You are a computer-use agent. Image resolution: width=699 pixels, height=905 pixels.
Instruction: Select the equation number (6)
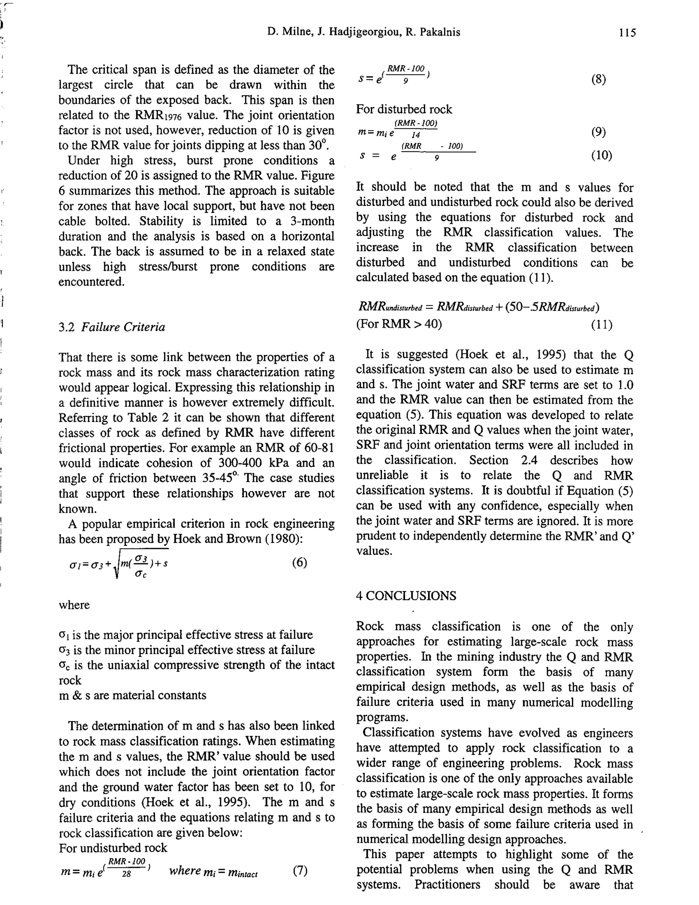[x=299, y=562]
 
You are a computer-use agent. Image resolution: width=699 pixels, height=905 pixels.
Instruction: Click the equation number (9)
[x=598, y=132]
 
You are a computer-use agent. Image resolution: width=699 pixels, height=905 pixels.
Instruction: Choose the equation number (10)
[x=601, y=155]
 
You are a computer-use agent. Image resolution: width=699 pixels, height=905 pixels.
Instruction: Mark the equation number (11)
[x=601, y=324]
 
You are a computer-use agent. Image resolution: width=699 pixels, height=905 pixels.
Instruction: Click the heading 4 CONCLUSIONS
[x=406, y=596]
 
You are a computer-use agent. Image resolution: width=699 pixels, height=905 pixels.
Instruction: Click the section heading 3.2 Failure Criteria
[x=112, y=328]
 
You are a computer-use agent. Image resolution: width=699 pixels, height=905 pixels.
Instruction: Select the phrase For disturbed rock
[x=404, y=109]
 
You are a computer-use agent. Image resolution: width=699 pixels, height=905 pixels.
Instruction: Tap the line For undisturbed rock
[x=113, y=848]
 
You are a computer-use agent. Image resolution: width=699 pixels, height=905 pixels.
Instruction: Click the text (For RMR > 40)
[x=399, y=324]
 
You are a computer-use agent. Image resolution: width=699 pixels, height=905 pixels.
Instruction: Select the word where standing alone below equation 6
[x=74, y=605]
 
